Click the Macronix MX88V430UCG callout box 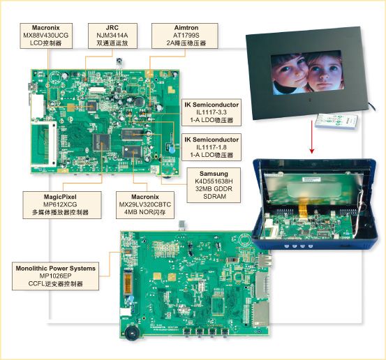coord(46,36)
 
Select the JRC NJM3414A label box coord(112,36)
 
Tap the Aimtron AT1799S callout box coord(185,36)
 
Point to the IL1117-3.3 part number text coord(211,112)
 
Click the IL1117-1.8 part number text coord(211,147)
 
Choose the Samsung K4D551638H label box coord(214,186)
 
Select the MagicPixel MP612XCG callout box coord(62,205)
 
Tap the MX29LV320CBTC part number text coord(145,204)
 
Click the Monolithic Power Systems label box coord(56,276)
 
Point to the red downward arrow coord(312,136)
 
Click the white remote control coord(336,121)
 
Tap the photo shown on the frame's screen coord(307,73)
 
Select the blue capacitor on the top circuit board coord(172,149)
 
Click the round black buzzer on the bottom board coord(133,333)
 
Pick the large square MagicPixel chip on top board coord(101,142)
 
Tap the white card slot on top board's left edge coord(38,106)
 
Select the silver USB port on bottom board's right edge coord(265,261)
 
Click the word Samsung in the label coord(214,174)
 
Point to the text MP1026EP coord(56,276)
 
